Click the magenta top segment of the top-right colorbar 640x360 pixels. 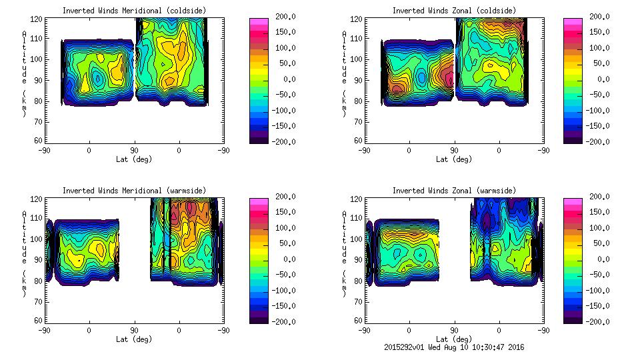pyautogui.click(x=573, y=21)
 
